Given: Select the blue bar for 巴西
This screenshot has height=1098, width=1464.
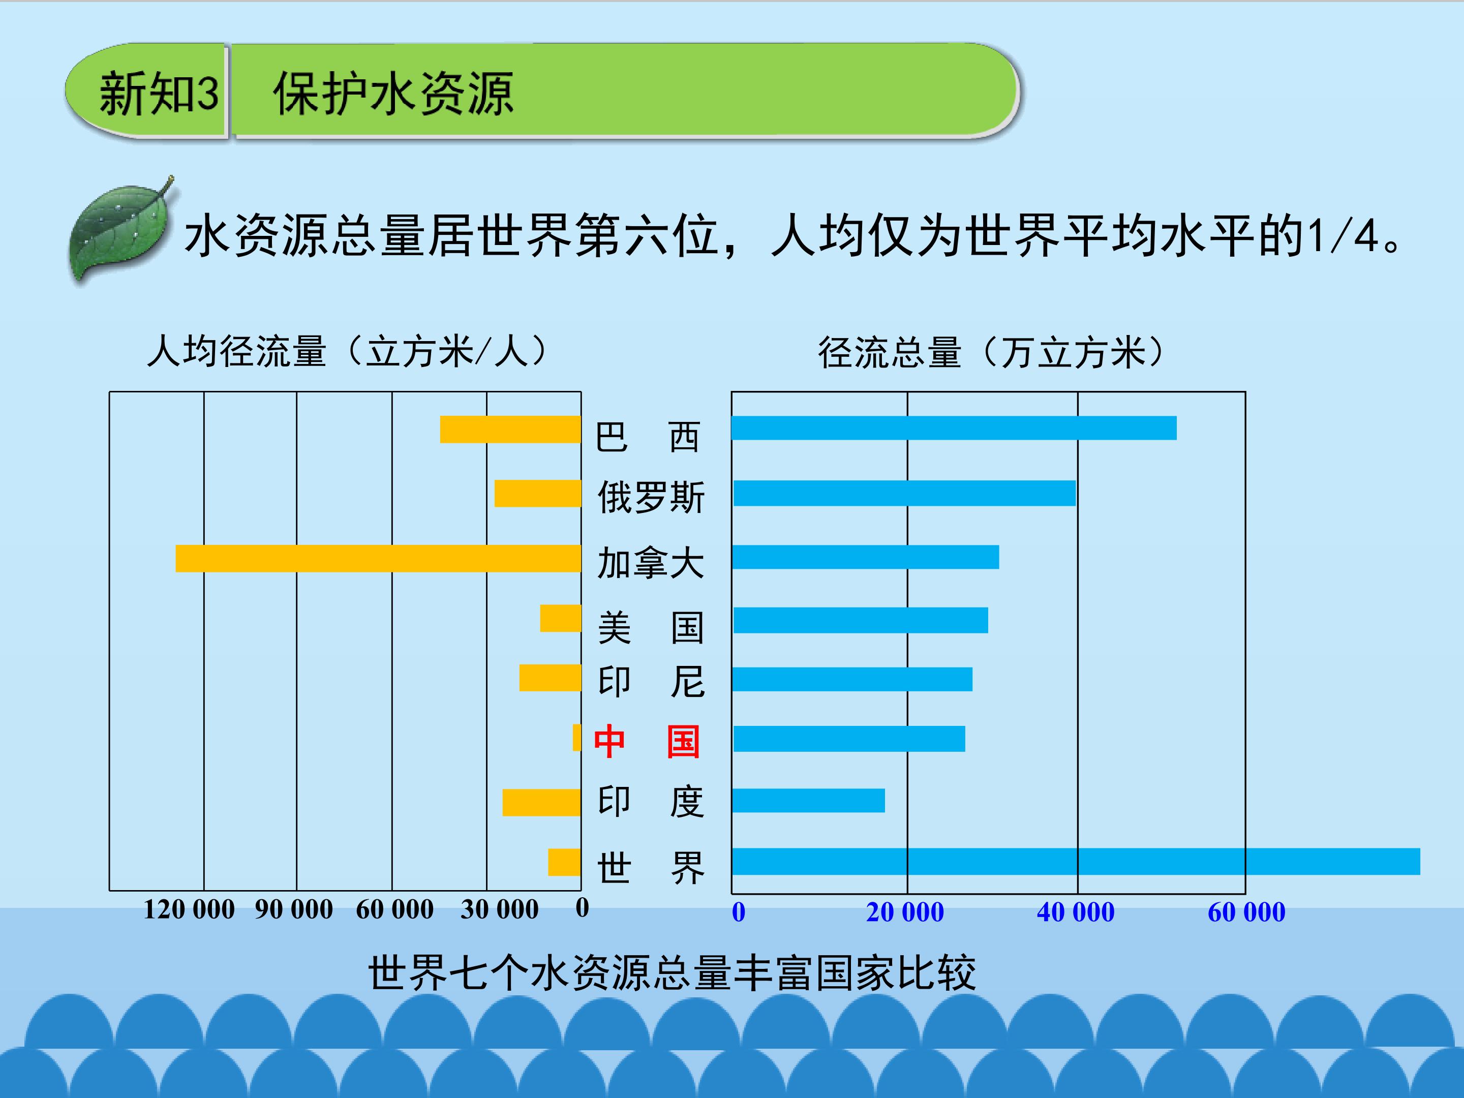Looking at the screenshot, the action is coord(954,428).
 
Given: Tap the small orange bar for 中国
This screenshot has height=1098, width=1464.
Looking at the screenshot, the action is coord(577,737).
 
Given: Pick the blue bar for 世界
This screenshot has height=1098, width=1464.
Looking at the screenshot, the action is coord(1076,861).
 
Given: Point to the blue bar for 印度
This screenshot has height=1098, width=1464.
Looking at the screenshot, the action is coord(808,800).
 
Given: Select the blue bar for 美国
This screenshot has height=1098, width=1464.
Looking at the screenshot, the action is coord(860,620).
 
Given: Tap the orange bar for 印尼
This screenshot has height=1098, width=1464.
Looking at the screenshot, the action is coord(551,678).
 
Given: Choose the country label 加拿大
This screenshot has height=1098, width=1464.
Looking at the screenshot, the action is coord(651,563).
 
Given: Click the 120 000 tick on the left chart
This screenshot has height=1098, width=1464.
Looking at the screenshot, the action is coord(189,909).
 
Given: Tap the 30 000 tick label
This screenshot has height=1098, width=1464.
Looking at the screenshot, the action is coord(500,909).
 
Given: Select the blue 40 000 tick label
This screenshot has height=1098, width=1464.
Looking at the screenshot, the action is coord(1076,912).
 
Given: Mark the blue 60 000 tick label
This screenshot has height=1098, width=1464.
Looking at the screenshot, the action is coord(1246,912).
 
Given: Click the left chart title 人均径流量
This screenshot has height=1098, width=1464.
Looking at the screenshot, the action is coord(236,351).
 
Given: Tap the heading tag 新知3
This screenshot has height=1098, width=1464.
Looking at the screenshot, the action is coord(159,94).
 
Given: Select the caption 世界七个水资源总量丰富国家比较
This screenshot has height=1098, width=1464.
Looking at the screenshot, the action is coord(672,973).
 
